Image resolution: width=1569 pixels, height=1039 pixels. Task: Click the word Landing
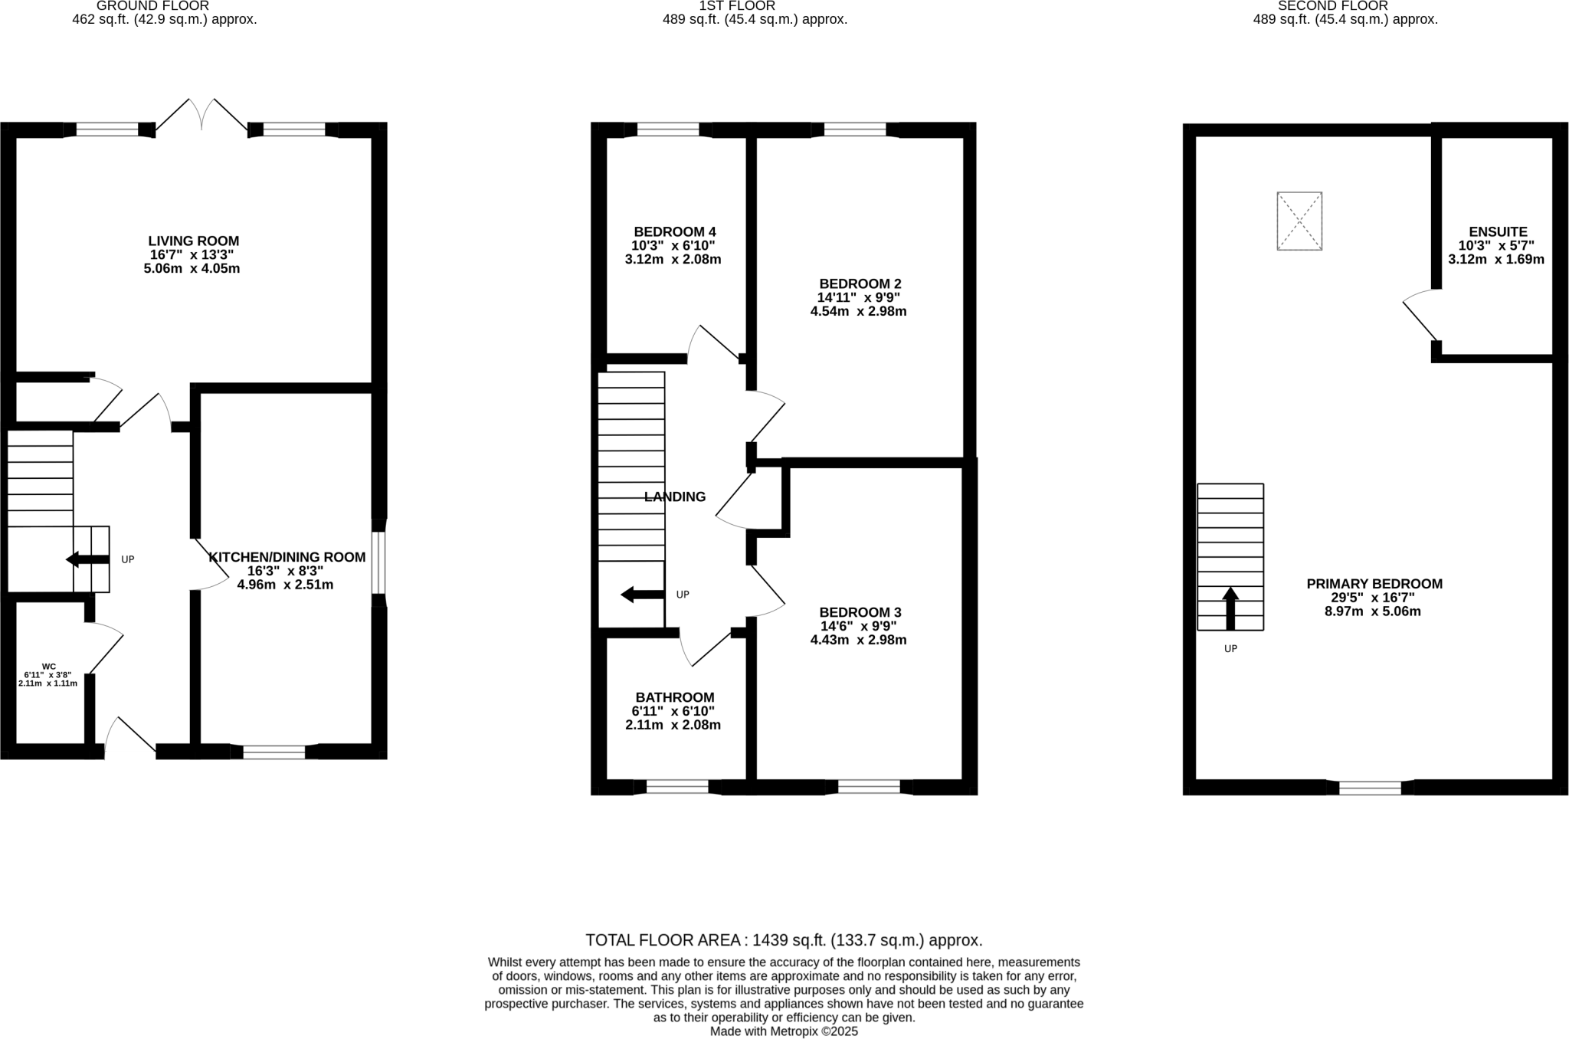(674, 497)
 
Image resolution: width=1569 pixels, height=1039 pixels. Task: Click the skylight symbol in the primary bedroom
(1299, 221)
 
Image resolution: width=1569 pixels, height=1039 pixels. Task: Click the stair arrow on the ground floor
(87, 559)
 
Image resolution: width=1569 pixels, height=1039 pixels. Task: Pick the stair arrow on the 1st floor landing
(641, 594)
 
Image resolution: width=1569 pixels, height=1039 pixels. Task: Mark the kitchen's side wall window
(378, 562)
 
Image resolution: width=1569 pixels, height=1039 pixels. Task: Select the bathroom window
(677, 786)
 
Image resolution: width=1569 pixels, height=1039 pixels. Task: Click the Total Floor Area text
(783, 940)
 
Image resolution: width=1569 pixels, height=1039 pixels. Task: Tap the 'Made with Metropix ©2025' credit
(783, 1031)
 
